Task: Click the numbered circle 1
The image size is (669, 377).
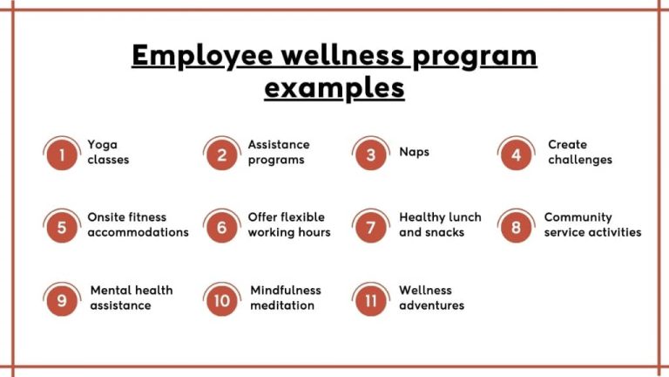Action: (x=62, y=155)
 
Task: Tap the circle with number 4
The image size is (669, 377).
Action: (x=517, y=155)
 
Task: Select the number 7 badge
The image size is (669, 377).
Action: (x=371, y=228)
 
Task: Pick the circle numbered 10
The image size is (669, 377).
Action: (x=222, y=301)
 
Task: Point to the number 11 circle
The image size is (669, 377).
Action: (x=371, y=301)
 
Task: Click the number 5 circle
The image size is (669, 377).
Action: (x=62, y=228)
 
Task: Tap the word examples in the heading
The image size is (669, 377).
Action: (x=334, y=87)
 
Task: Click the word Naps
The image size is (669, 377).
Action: (x=415, y=152)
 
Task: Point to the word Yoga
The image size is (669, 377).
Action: (x=102, y=145)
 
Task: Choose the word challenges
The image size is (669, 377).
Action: (x=580, y=160)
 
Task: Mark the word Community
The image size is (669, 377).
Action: (x=578, y=217)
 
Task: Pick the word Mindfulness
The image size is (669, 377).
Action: (x=286, y=291)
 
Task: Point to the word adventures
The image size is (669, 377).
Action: (x=432, y=305)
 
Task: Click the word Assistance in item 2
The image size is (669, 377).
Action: (x=279, y=145)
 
